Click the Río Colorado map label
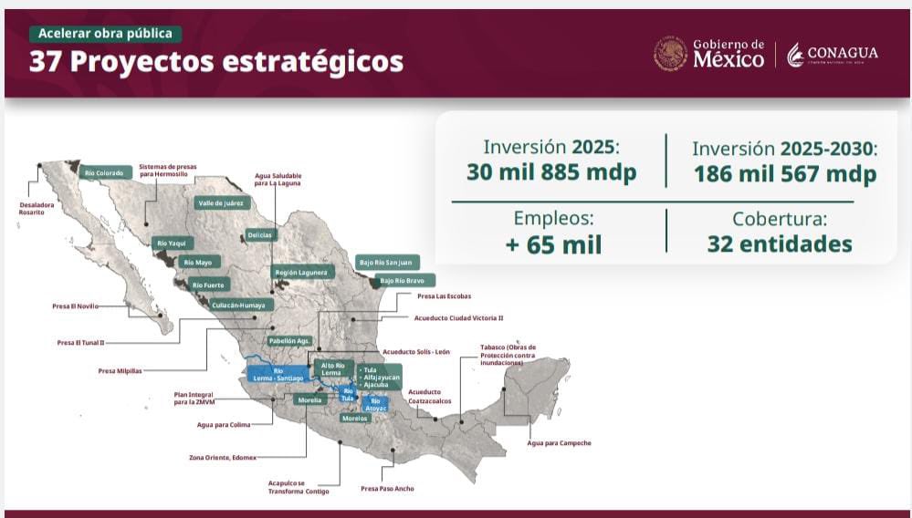click(102, 171)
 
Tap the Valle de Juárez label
click(222, 202)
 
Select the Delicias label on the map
click(259, 234)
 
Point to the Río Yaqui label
click(171, 243)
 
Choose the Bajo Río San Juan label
click(388, 262)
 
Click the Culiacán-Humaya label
click(238, 306)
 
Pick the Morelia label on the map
click(310, 399)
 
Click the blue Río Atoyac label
click(375, 404)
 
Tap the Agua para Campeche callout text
click(559, 443)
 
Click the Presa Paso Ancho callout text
click(387, 489)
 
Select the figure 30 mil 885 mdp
click(551, 172)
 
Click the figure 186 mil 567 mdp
click(785, 174)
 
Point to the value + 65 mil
click(553, 244)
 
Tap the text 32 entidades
click(780, 244)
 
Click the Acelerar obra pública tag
click(105, 34)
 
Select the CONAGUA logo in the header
click(832, 54)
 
